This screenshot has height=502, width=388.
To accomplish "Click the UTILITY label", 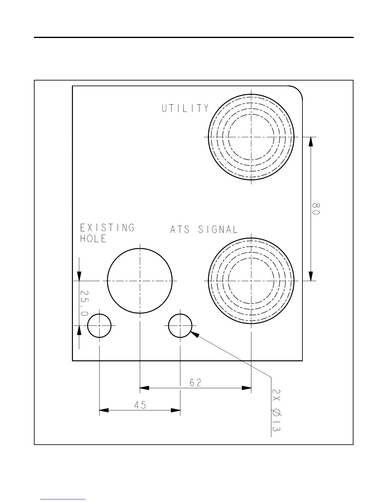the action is click(x=185, y=108).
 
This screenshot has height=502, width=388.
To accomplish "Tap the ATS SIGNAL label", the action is click(x=204, y=229).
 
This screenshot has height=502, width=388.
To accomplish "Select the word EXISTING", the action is click(x=107, y=228).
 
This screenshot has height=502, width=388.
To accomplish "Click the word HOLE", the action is click(x=93, y=239).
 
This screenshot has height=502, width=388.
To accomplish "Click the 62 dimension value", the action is click(x=196, y=383).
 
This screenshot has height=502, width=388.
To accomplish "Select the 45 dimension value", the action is click(x=140, y=405).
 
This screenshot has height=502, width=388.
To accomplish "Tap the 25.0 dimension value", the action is click(x=84, y=303).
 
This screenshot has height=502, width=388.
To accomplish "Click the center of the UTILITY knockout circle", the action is click(x=251, y=137).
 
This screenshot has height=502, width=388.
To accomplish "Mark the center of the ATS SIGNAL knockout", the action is click(x=251, y=281).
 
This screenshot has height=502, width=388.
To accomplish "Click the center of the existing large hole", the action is click(x=140, y=281).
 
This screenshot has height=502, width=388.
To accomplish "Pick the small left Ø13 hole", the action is click(x=100, y=325).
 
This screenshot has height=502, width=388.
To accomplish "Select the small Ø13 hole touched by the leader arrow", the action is click(x=180, y=325).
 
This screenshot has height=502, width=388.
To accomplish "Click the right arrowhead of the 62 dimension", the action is click(x=247, y=388).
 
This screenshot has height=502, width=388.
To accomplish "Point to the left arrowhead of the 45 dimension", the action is click(x=104, y=410).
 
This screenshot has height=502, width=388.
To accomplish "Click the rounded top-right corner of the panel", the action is click(x=298, y=90).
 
